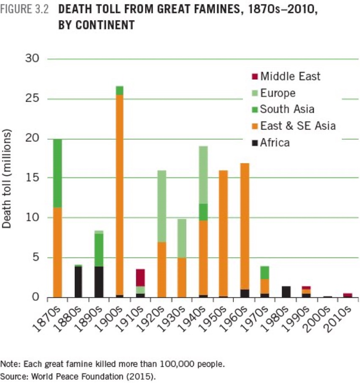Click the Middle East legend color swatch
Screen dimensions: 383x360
254,77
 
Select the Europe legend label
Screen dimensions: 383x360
278,93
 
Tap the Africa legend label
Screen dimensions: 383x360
275,143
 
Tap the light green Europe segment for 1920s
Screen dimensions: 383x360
161,206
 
